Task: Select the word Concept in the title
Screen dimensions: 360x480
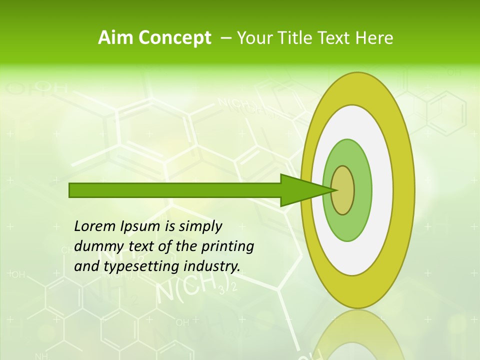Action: pyautogui.click(x=174, y=38)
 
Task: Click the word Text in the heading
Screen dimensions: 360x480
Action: pyautogui.click(x=335, y=38)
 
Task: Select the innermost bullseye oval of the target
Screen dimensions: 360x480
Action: pyautogui.click(x=342, y=190)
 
